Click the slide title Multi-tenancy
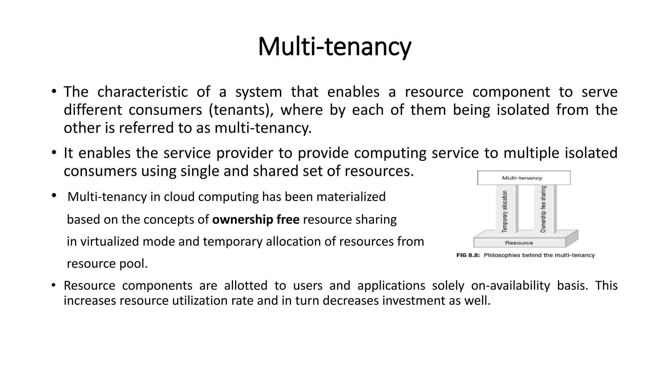(334, 47)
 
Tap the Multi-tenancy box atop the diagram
(524, 178)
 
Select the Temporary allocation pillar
(505, 211)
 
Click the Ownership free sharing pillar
(543, 209)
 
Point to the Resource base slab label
(519, 243)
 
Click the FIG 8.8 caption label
(468, 255)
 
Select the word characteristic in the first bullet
(142, 92)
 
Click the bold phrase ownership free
(256, 219)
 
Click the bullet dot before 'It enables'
(54, 153)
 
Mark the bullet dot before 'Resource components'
(54, 286)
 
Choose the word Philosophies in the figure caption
(501, 255)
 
